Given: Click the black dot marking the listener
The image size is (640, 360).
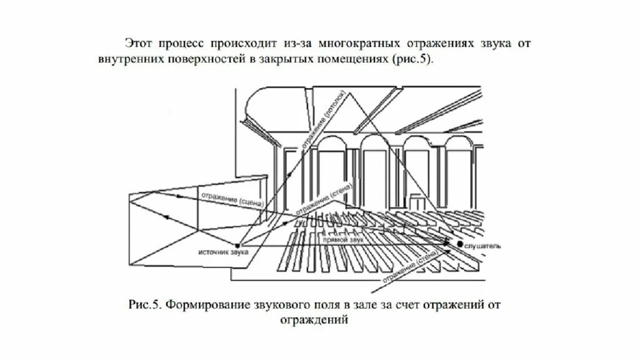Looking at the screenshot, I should coord(460,244).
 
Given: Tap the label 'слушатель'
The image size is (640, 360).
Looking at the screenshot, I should coord(483,247).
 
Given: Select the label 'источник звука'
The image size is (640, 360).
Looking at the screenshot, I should coord(224,252).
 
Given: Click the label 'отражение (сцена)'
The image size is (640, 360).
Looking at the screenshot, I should coord(232,199).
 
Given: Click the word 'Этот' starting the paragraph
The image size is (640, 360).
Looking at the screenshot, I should coord(138,45).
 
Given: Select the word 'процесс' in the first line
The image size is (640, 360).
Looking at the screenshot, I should coord(177,45).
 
